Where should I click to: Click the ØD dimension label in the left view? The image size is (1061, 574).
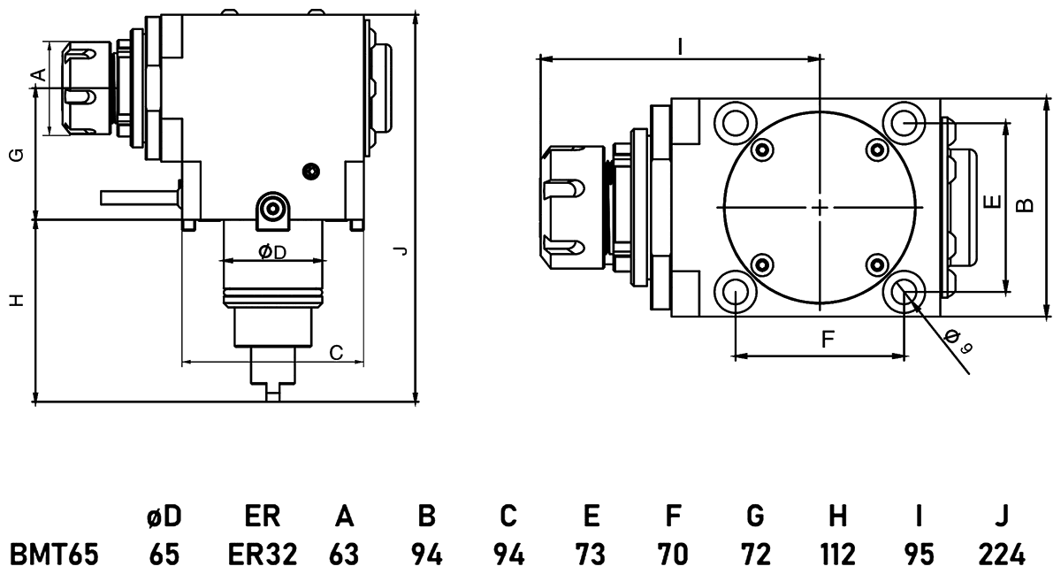point(272,253)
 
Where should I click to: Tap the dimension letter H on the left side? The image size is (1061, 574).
point(16,301)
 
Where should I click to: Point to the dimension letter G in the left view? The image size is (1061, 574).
point(16,155)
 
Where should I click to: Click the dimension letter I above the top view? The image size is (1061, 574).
point(679,46)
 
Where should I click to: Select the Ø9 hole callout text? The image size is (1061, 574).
point(958,341)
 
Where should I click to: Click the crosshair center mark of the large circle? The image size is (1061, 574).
point(821,207)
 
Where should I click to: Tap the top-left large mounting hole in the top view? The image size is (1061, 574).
point(736,120)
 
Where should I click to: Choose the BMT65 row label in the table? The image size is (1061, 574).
point(53,555)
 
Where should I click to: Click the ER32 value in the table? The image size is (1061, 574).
point(263,555)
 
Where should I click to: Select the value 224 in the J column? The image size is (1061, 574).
point(1001,555)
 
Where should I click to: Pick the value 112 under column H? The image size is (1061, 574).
point(838,555)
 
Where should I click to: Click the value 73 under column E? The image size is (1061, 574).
point(592,555)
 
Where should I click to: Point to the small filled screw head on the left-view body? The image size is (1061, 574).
point(310,170)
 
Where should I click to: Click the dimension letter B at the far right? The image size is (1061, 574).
point(1025,204)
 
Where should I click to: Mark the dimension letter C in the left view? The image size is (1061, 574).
point(336,353)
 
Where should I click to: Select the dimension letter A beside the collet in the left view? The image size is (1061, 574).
point(38,74)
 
